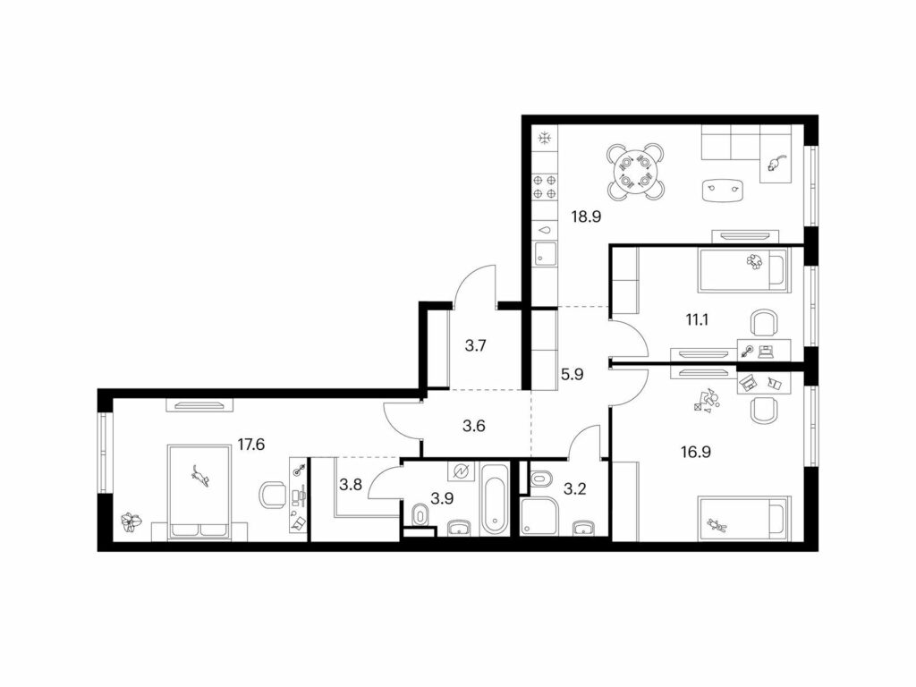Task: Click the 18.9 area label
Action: pos(587,216)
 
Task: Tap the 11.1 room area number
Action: pos(697,319)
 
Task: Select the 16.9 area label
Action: pos(695,452)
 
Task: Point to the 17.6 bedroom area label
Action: pos(251,445)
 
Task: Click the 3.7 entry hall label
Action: pos(476,346)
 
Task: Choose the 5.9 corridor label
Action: pos(572,374)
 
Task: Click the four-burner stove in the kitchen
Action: pos(545,187)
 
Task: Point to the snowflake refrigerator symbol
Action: pos(545,139)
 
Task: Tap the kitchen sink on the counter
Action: pos(545,255)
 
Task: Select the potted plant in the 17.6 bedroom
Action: pos(131,522)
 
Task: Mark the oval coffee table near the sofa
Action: pos(723,191)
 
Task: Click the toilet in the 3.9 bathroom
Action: pos(420,515)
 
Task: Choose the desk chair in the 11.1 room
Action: pos(764,324)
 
